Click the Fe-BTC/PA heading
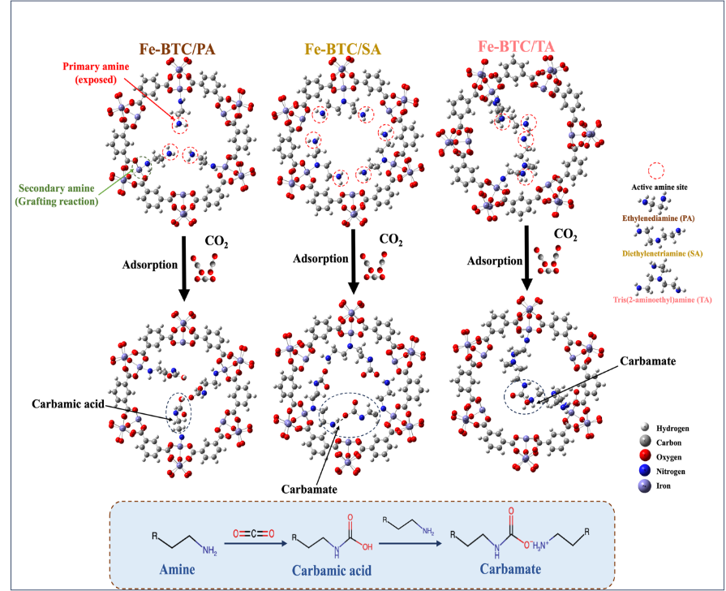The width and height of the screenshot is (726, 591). pyautogui.click(x=178, y=49)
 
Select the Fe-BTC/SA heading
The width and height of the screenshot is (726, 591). pyautogui.click(x=342, y=49)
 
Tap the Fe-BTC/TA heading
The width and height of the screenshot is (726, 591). pyautogui.click(x=516, y=46)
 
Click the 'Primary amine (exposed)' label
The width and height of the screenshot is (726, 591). pyautogui.click(x=96, y=73)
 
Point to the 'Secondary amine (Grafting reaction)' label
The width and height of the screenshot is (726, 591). pyautogui.click(x=57, y=195)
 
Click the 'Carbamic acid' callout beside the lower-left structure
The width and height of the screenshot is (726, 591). pyautogui.click(x=68, y=403)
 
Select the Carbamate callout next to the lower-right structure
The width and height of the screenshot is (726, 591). pyautogui.click(x=648, y=361)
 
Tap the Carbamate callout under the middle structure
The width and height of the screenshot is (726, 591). pyautogui.click(x=309, y=489)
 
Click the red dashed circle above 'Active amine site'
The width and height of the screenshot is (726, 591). pyautogui.click(x=656, y=170)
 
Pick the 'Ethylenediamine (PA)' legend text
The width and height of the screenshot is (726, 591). pyautogui.click(x=659, y=218)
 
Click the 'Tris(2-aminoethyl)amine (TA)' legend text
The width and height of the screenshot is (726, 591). pyautogui.click(x=662, y=300)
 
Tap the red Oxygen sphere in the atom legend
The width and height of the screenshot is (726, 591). pyautogui.click(x=644, y=456)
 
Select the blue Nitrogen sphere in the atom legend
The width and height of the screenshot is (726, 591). pyautogui.click(x=644, y=471)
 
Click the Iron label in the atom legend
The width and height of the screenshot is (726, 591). pyautogui.click(x=664, y=485)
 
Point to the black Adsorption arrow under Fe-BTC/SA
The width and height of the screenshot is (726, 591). pyautogui.click(x=354, y=261)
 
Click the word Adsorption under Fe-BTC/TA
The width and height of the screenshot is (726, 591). pyautogui.click(x=495, y=261)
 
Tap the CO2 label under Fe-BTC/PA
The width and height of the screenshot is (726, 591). pyautogui.click(x=217, y=241)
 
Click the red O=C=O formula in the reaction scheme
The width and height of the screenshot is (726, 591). pyautogui.click(x=254, y=533)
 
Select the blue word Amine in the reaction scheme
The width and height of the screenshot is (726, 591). pyautogui.click(x=177, y=569)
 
